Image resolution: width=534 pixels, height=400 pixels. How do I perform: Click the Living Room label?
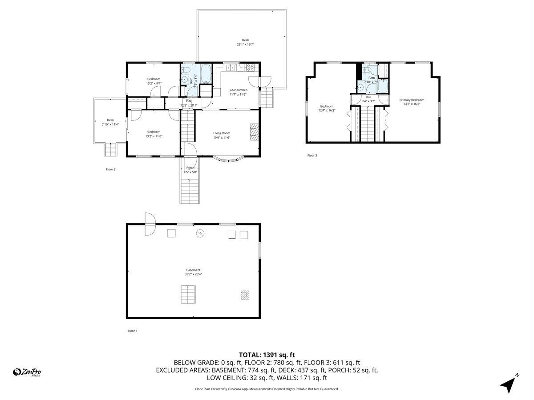(221, 133)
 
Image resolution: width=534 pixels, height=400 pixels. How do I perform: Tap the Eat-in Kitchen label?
(238, 90)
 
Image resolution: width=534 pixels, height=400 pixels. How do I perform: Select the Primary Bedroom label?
(411, 100)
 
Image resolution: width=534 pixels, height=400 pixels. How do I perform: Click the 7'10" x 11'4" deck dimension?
(110, 124)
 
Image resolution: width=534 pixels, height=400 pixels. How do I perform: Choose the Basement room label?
(193, 270)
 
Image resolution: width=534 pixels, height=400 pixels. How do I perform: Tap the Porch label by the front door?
(190, 168)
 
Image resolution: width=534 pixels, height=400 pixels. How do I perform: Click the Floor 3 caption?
(312, 156)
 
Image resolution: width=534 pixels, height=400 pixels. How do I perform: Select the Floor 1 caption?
(133, 331)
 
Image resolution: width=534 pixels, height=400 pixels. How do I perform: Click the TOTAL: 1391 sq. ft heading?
(267, 355)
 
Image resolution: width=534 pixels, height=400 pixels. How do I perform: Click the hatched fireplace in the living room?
(255, 132)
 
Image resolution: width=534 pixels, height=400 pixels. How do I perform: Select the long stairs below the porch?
(189, 190)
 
